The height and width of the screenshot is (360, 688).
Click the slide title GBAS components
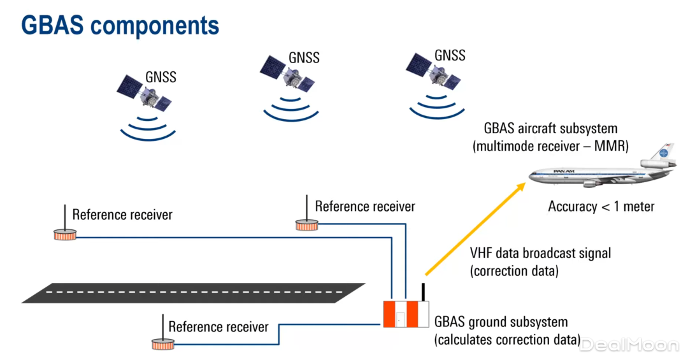click(120, 25)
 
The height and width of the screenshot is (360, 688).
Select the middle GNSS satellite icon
click(287, 76)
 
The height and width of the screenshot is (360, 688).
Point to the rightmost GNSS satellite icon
click(433, 73)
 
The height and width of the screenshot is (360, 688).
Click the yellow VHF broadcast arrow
click(475, 229)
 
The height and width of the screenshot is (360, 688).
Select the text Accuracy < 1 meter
click(601, 206)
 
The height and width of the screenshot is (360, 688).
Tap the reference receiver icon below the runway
click(162, 344)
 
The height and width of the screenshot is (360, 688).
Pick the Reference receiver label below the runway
click(219, 327)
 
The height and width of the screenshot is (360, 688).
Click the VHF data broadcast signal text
click(540, 253)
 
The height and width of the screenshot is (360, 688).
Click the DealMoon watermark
click(629, 345)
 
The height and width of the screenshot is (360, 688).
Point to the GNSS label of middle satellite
click(304, 57)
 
